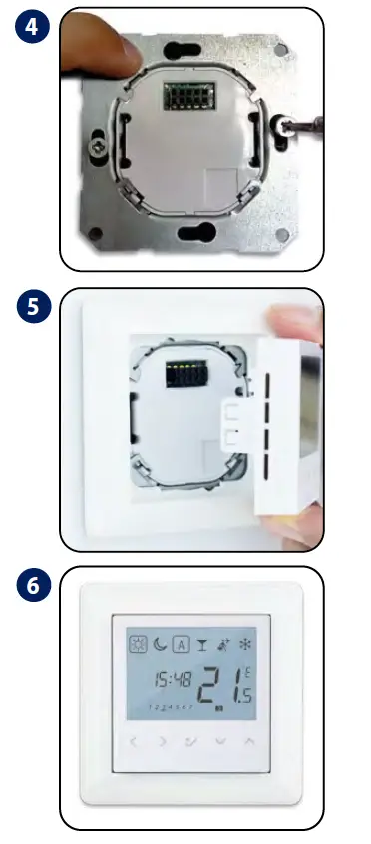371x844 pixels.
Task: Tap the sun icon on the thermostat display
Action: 136,645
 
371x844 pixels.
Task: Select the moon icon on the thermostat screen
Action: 160,645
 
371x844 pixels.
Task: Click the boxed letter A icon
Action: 183,645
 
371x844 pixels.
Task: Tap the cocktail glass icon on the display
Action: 205,645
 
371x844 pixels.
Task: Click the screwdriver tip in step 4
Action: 290,127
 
